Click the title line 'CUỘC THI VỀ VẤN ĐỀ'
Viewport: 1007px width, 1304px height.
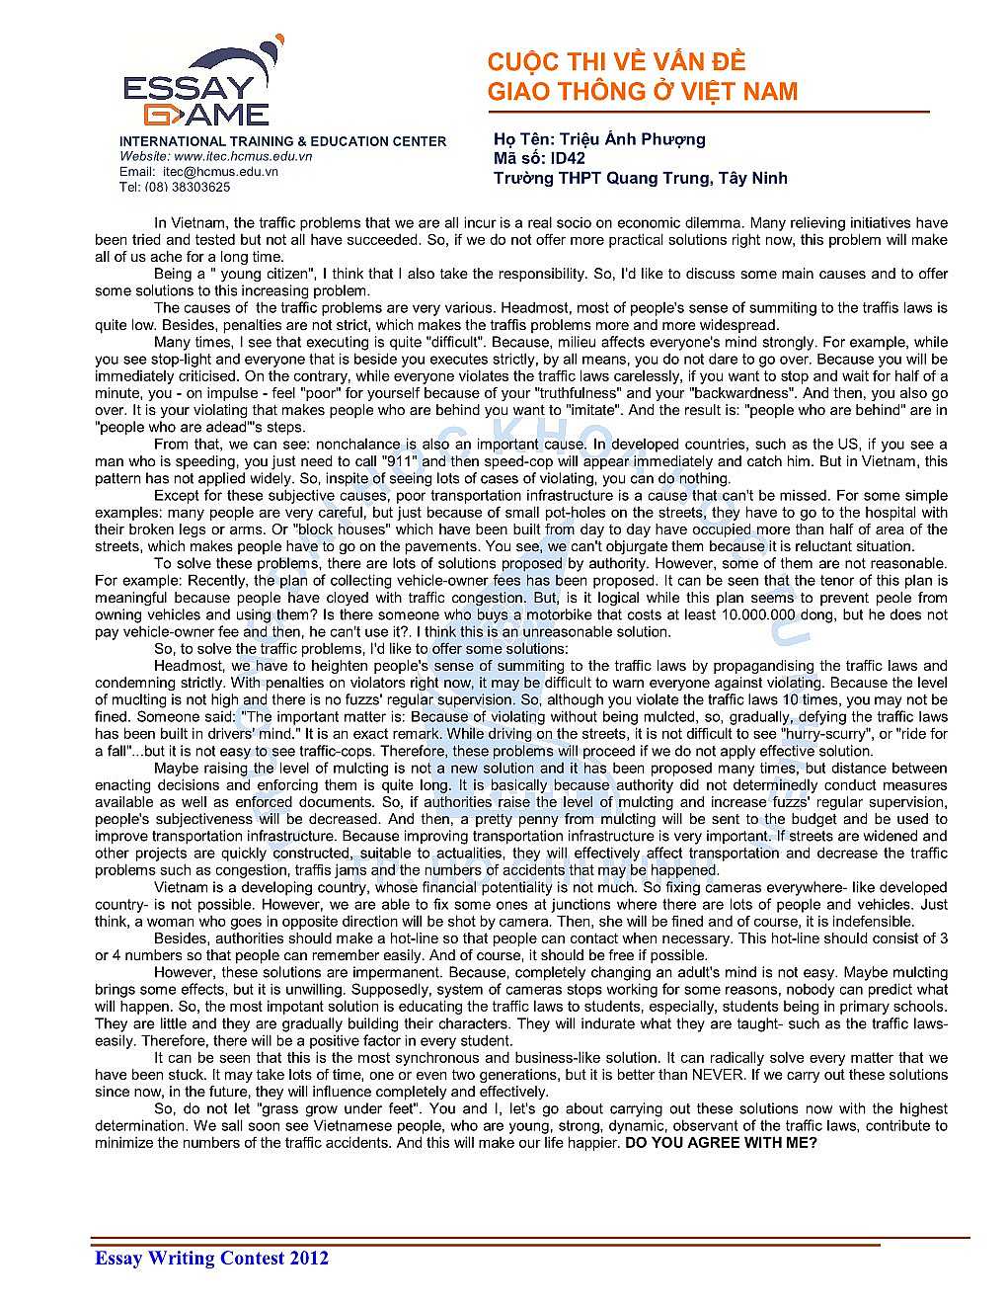[616, 62]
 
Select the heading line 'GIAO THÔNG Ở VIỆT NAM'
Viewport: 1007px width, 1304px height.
[642, 92]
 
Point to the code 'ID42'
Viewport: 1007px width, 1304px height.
[568, 158]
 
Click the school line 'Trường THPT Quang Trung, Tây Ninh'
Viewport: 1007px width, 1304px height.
[640, 178]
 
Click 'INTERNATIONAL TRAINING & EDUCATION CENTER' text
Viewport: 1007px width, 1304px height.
[282, 141]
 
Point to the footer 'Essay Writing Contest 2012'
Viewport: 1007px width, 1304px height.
[211, 1258]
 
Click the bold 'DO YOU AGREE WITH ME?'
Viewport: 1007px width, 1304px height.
[721, 1143]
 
